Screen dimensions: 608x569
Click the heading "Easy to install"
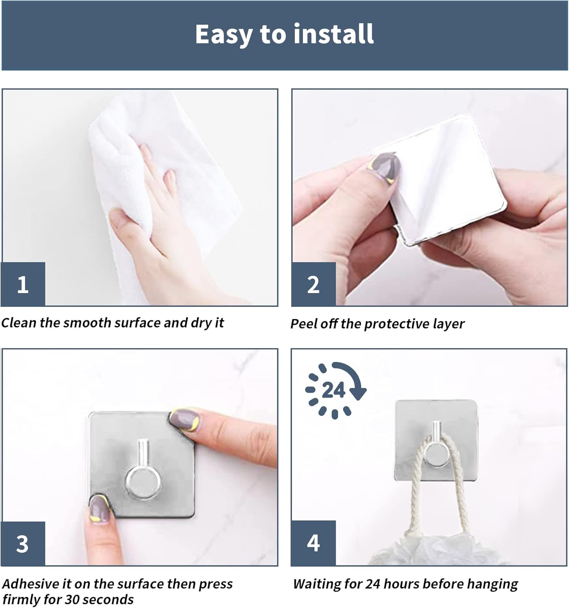(284, 34)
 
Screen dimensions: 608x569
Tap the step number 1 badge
(23, 284)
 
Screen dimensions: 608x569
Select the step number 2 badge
(313, 284)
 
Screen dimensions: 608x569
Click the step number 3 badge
(23, 544)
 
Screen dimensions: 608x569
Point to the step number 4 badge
(313, 543)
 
